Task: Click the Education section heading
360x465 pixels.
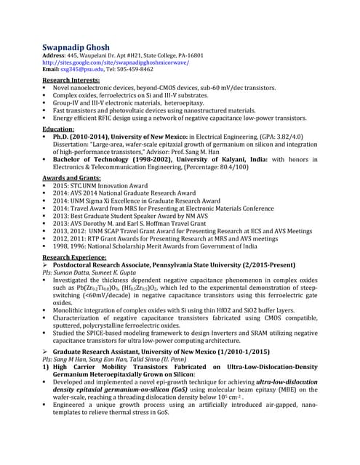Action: [59, 128]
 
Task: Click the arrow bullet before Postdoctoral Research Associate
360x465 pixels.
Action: [46, 266]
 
